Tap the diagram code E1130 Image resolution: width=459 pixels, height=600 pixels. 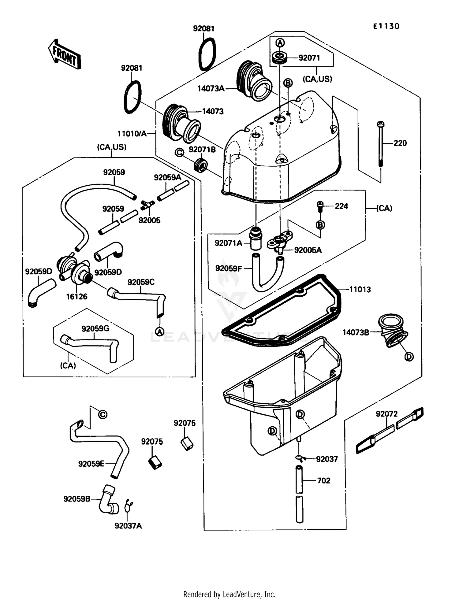[386, 26]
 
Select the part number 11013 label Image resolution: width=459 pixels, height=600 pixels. [360, 289]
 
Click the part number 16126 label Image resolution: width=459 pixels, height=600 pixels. [76, 296]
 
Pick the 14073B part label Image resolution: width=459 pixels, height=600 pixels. [356, 332]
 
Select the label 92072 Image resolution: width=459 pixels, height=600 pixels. [386, 414]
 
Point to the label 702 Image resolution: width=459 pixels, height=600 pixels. [323, 480]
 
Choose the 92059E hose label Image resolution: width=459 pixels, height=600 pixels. [91, 464]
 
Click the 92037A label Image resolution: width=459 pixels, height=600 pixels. [128, 526]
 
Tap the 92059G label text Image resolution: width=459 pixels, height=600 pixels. [95, 329]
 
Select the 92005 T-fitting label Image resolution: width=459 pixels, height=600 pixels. [149, 220]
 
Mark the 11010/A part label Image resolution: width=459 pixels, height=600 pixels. [132, 134]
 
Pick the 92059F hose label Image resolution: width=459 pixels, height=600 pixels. [228, 268]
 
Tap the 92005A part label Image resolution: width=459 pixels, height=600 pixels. [308, 250]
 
